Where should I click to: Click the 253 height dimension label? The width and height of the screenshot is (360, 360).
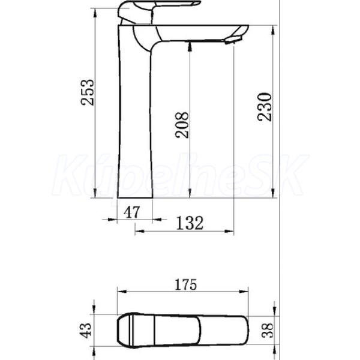pyautogui.click(x=87, y=92)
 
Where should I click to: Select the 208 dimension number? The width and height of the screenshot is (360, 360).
pyautogui.click(x=182, y=125)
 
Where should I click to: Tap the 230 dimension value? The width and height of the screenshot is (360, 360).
pyautogui.click(x=264, y=107)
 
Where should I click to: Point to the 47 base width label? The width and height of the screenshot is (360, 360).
pyautogui.click(x=131, y=212)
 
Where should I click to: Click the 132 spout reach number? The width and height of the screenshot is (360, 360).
pyautogui.click(x=190, y=223)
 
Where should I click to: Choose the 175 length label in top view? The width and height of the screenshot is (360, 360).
pyautogui.click(x=186, y=284)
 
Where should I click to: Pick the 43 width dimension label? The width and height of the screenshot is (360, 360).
pyautogui.click(x=85, y=330)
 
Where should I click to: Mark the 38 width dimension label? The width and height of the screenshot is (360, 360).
pyautogui.click(x=268, y=330)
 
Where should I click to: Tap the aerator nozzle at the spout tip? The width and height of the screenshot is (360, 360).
pyautogui.click(x=232, y=40)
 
